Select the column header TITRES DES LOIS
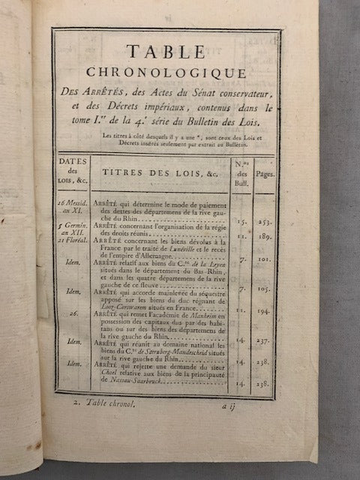(x=154, y=172)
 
